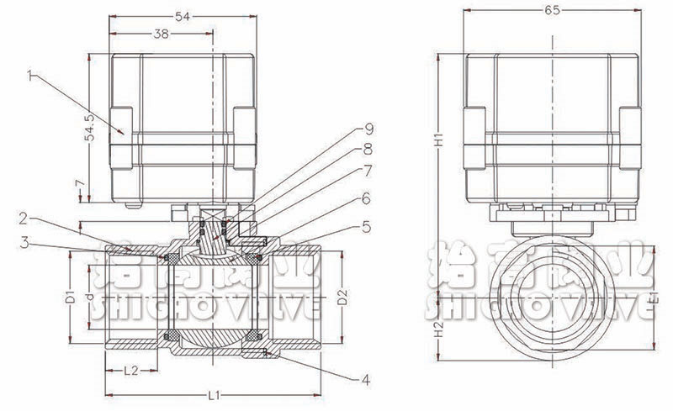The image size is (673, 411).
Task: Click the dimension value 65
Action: [553, 10]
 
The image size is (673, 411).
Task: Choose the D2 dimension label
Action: [341, 298]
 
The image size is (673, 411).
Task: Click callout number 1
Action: [30, 76]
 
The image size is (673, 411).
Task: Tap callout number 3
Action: [26, 243]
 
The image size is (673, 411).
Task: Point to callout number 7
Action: [368, 170]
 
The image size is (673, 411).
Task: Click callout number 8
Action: [368, 149]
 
